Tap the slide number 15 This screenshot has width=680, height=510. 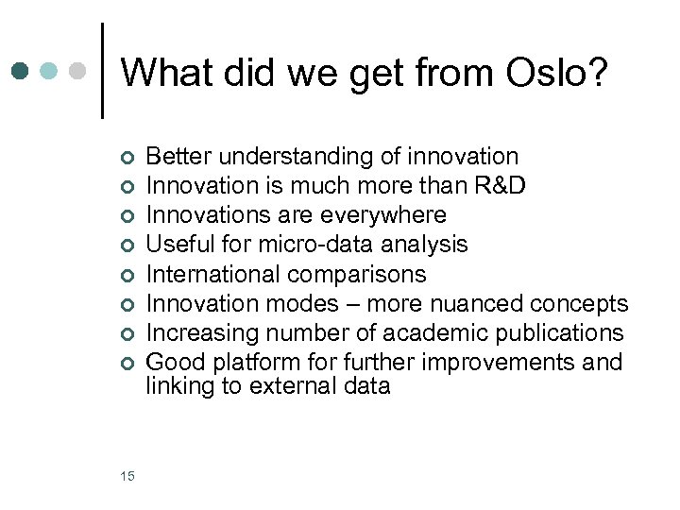[127, 476]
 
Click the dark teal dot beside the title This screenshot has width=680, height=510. [22, 72]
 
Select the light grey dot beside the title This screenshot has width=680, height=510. [79, 72]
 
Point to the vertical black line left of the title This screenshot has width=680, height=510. [101, 71]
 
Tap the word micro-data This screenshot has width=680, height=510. [315, 245]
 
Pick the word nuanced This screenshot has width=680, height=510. [474, 303]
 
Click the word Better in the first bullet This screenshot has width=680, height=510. [178, 157]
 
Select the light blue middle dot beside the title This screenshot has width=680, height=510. [51, 72]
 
